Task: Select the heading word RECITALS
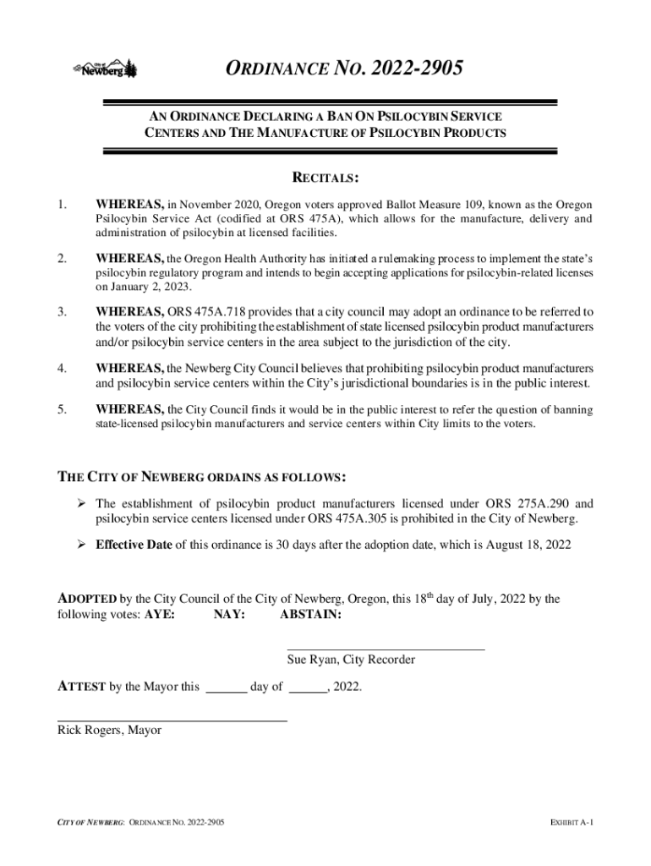[325, 178]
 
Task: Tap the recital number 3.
[62, 312]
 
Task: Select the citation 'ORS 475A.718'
[205, 312]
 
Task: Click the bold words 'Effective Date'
[134, 545]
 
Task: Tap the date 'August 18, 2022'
[524, 545]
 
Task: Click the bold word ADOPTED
[87, 600]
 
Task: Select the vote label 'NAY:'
[229, 615]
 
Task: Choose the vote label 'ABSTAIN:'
[310, 615]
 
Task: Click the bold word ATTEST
[81, 687]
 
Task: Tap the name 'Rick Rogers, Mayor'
[109, 730]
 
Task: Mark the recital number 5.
[62, 410]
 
